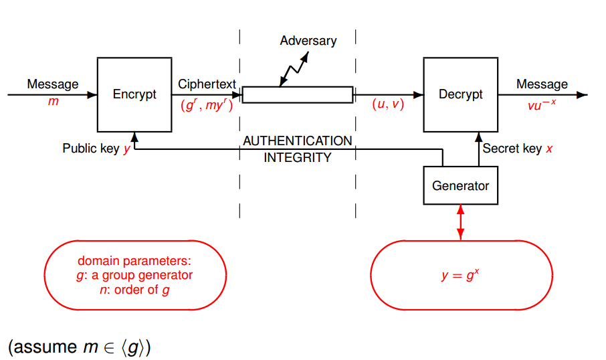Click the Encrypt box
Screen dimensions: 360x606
[134, 94]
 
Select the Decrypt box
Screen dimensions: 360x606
[460, 94]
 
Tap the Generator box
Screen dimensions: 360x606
[460, 185]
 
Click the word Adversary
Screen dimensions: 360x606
[308, 41]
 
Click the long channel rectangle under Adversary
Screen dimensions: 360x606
[297, 95]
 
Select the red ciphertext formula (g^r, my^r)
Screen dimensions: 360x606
[207, 105]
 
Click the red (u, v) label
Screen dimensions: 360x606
[388, 104]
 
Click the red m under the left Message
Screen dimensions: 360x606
[53, 101]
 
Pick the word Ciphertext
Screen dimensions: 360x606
[207, 84]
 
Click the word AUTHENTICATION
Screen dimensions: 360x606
[297, 141]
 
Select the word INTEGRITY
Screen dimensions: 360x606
[297, 158]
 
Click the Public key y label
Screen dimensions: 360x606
[96, 149]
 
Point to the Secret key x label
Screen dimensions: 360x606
[518, 149]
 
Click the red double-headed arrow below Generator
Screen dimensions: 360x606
[460, 223]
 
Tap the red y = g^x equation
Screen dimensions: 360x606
[461, 275]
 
